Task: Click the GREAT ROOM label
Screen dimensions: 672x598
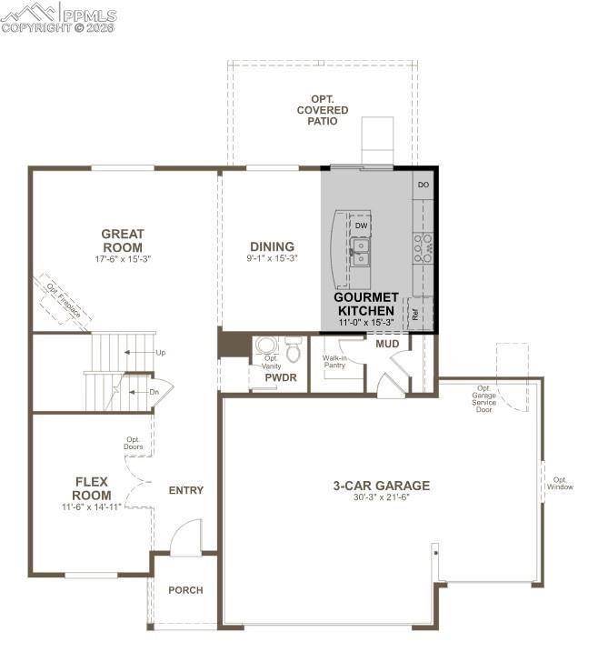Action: click(x=123, y=240)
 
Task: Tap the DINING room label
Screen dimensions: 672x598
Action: click(x=273, y=246)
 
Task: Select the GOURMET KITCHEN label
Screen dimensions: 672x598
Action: click(x=366, y=304)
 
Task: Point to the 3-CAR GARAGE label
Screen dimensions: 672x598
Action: click(x=381, y=486)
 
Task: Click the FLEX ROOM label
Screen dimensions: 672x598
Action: click(x=92, y=488)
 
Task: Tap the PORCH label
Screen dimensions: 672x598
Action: click(x=185, y=590)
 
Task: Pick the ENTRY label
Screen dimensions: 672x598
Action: click(x=186, y=490)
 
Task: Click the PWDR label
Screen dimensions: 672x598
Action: click(x=281, y=377)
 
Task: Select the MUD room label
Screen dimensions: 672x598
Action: click(x=388, y=343)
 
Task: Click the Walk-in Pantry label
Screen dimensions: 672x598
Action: click(x=334, y=362)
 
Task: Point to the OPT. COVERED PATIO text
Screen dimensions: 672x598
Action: click(x=322, y=109)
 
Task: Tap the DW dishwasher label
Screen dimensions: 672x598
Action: click(x=361, y=226)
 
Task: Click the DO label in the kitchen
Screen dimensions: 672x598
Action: click(x=423, y=185)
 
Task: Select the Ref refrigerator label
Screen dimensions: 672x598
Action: click(x=415, y=316)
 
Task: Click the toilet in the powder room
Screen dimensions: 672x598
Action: click(x=294, y=350)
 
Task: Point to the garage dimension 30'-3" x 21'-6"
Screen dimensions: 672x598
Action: click(x=381, y=499)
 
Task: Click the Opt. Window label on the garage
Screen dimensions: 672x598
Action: click(x=560, y=484)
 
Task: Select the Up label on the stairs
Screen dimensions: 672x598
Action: click(x=161, y=352)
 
